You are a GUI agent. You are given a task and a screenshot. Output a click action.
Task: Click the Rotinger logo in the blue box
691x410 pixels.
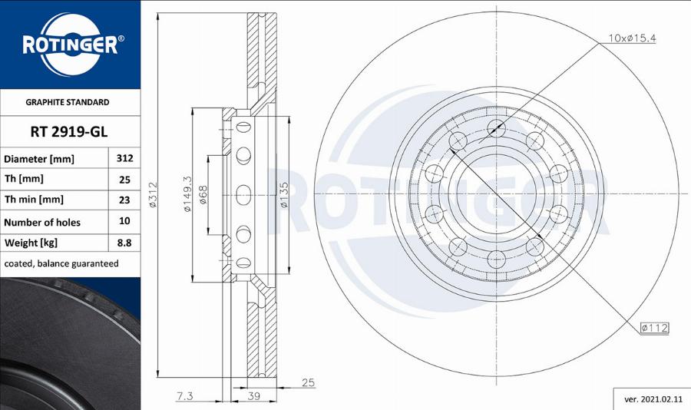point(70,44)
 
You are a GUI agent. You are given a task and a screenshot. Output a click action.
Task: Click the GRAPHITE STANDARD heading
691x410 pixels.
point(68,102)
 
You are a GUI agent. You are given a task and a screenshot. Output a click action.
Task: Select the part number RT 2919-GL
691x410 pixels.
point(68,131)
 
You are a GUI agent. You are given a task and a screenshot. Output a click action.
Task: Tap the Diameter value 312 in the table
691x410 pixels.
point(124,159)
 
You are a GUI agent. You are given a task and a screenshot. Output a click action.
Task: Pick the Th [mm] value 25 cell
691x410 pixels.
point(124,180)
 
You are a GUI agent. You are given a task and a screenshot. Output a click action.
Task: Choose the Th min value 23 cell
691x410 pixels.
point(124,200)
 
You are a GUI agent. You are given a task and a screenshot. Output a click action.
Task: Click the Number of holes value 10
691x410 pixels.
point(124,221)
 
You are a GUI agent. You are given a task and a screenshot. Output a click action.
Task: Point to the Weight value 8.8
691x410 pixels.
point(124,243)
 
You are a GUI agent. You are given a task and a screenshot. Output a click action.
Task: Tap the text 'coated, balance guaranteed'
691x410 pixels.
point(61,263)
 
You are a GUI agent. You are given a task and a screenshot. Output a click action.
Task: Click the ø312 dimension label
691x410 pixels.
point(153,197)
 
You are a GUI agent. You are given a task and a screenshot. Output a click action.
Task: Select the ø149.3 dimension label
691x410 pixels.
point(187,197)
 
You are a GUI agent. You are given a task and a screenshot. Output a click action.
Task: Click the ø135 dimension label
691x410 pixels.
point(284,197)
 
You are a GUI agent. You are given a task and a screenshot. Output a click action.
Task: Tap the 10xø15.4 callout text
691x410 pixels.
point(633,38)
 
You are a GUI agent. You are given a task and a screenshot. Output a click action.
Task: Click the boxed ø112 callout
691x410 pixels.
point(654,328)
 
